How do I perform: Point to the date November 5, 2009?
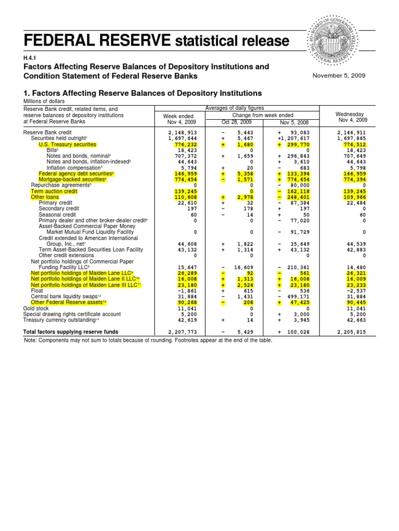coord(339,76)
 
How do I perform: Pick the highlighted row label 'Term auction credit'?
coord(54,191)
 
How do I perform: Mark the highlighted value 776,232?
coord(186,145)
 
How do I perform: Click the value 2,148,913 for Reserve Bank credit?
coord(183,133)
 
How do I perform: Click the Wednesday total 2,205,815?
coord(352,332)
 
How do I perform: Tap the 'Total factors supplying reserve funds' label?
coord(74,332)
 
